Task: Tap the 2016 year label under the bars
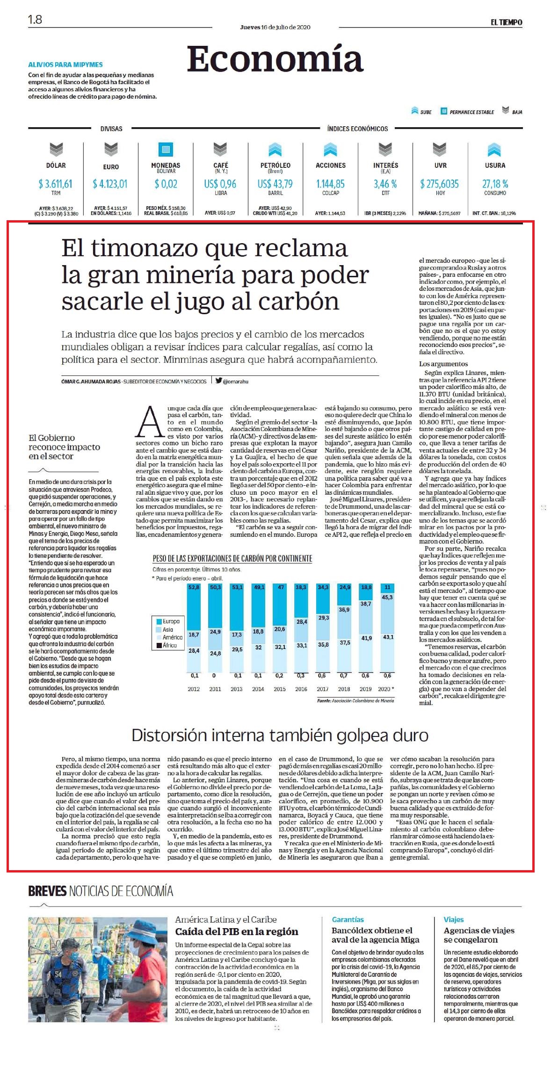click(301, 689)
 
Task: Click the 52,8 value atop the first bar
click(194, 587)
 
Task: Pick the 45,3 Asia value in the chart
click(387, 597)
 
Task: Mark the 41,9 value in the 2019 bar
click(366, 638)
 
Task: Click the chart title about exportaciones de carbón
click(232, 558)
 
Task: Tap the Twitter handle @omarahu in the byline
click(236, 381)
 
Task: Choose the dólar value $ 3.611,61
click(56, 184)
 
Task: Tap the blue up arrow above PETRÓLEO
click(275, 150)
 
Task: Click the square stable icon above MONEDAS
click(166, 150)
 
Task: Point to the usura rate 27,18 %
click(495, 184)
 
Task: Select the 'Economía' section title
click(275, 59)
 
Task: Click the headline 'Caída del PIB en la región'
click(237, 932)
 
